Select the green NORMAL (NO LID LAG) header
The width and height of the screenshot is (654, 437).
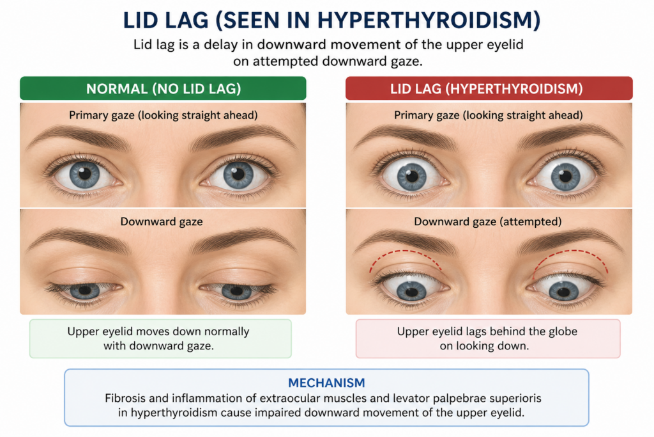(x=163, y=88)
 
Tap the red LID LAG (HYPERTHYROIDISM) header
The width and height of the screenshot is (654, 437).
(x=489, y=88)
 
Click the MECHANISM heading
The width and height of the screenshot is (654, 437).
(x=326, y=383)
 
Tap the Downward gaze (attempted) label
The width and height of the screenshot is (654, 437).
(x=487, y=221)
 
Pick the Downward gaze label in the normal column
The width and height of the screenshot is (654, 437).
(x=162, y=221)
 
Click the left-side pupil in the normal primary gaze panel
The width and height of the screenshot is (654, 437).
(x=85, y=173)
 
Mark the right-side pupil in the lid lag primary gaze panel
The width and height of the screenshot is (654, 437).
(x=566, y=176)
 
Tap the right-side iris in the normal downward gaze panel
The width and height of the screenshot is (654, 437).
(x=236, y=290)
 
